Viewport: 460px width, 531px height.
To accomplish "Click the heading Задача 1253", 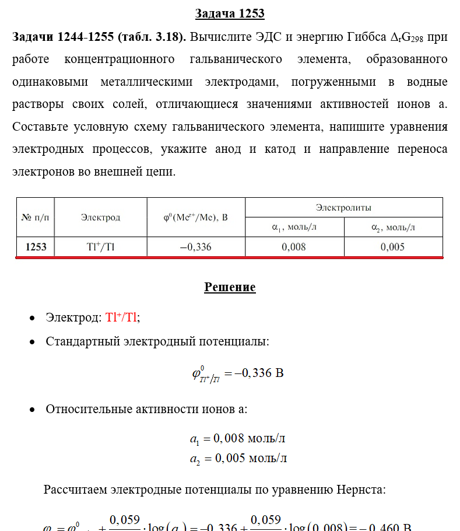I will tap(230, 13).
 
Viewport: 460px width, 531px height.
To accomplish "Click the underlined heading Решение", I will tap(230, 287).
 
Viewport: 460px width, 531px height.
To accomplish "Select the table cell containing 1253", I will tap(36, 247).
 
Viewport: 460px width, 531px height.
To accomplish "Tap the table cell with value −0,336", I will tap(195, 247).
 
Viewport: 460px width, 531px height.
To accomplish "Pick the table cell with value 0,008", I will tap(294, 247).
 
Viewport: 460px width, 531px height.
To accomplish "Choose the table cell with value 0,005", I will tap(392, 247).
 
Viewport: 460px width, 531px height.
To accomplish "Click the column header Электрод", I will tap(100, 218).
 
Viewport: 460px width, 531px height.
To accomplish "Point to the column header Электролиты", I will tap(343, 207).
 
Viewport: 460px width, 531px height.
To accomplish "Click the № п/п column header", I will tap(36, 218).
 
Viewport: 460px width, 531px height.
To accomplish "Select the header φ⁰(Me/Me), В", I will tap(195, 218).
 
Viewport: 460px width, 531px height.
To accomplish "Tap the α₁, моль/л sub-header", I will tap(294, 228).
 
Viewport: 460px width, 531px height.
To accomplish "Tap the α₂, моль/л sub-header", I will tap(392, 228).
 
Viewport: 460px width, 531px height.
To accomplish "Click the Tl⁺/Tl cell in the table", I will tap(100, 247).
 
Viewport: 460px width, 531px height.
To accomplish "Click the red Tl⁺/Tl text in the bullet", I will tap(121, 318).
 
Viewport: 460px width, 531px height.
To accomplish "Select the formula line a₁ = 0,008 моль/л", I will tap(237, 439).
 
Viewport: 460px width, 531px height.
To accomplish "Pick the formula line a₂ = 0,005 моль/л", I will tap(237, 459).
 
